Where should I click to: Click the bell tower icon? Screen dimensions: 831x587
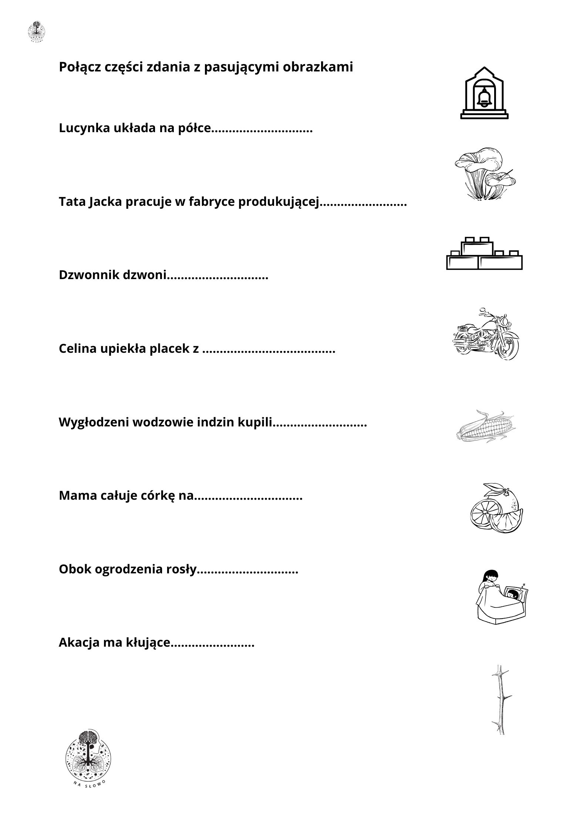(x=484, y=93)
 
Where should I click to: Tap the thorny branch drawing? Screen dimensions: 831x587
(x=501, y=700)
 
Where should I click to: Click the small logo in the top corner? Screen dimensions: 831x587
(x=37, y=31)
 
